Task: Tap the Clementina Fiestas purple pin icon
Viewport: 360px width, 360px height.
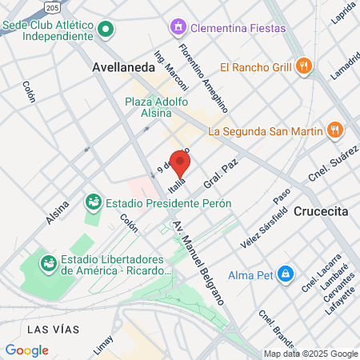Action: [177, 29]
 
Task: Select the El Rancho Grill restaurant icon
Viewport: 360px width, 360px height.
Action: [302, 66]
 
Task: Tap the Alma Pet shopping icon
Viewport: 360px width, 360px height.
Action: [286, 274]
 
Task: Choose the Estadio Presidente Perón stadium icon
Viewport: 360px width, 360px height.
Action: [94, 203]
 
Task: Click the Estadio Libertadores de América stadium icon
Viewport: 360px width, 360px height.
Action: [49, 261]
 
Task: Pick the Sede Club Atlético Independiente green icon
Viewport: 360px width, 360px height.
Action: [106, 30]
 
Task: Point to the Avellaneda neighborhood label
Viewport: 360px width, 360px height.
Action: [124, 68]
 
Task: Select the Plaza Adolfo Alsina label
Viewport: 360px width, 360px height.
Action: [157, 106]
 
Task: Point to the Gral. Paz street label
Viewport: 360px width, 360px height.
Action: [217, 176]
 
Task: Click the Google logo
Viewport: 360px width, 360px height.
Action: [26, 350]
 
